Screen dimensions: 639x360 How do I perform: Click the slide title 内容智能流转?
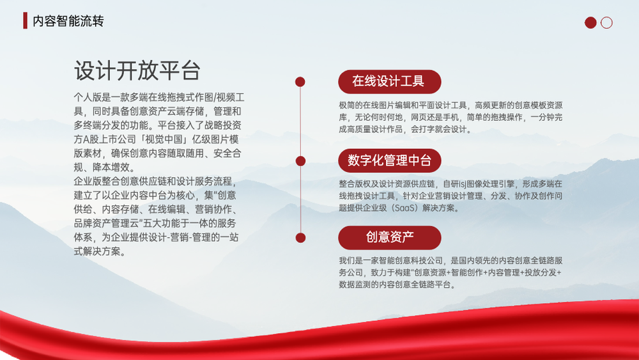[x=68, y=21]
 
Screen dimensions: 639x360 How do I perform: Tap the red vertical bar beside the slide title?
[x=26, y=20]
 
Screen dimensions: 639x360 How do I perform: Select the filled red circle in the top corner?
[x=590, y=22]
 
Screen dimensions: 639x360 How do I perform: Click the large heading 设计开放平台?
[x=137, y=70]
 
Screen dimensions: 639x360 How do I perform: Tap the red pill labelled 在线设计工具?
[x=390, y=82]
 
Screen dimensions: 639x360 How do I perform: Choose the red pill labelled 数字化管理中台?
[x=390, y=160]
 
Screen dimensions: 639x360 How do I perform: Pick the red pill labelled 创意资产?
[x=390, y=237]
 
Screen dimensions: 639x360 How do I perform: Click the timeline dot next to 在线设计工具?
[x=300, y=82]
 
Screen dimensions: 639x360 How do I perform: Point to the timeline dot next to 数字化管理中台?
[x=300, y=161]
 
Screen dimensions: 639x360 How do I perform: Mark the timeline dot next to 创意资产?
[x=300, y=238]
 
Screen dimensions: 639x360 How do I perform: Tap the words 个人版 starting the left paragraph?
[x=88, y=97]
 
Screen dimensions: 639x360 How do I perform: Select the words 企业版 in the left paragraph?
[x=88, y=182]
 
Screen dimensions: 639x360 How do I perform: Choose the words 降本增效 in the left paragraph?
[x=111, y=168]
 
